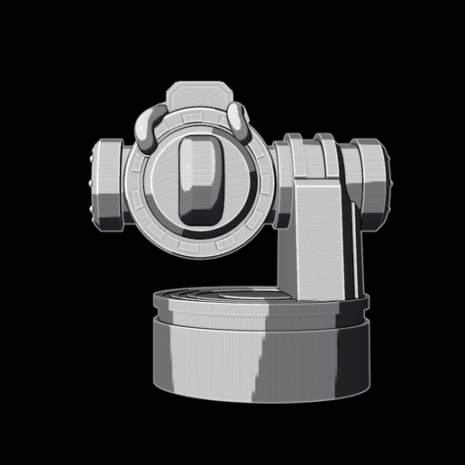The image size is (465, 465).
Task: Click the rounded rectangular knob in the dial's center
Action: click(x=200, y=179)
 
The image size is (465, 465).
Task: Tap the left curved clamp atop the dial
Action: click(x=149, y=126)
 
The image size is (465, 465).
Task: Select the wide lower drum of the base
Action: click(x=261, y=360)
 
